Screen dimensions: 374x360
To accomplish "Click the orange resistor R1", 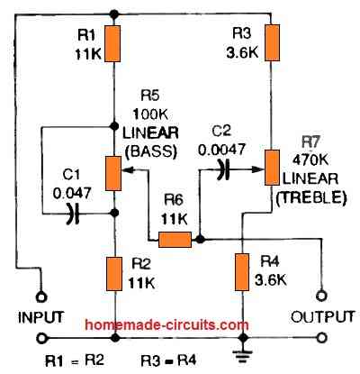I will (x=114, y=42).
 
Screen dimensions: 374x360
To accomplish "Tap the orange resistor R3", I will (x=271, y=42).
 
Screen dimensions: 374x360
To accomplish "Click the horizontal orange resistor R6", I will (x=175, y=240).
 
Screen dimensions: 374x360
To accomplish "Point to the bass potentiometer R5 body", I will (x=114, y=172).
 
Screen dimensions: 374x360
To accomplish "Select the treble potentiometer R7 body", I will (x=271, y=167).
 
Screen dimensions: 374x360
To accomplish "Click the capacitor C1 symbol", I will (x=75, y=213).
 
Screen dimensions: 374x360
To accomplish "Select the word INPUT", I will (x=40, y=316).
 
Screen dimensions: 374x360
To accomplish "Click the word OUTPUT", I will (x=319, y=316).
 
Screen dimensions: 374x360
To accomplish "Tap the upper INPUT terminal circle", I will (x=40, y=295).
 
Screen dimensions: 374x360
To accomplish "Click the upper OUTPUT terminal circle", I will (x=319, y=295).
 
